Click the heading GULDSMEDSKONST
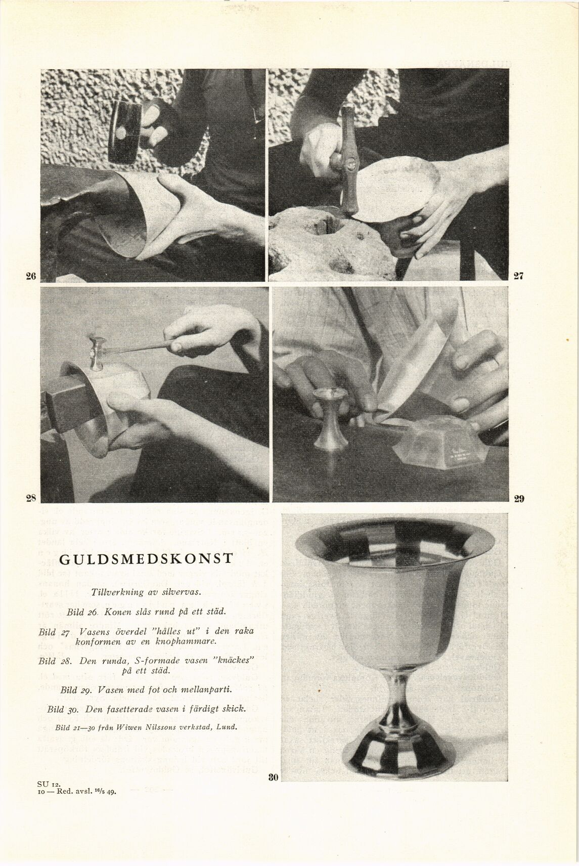click(x=147, y=558)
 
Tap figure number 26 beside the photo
click(x=31, y=276)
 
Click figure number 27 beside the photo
click(x=518, y=276)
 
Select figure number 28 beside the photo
click(x=31, y=498)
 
